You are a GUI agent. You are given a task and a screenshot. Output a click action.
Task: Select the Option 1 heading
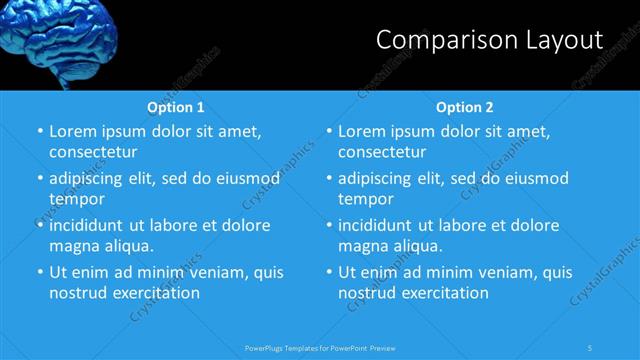click(x=176, y=107)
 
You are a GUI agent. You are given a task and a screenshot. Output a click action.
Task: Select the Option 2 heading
click(x=465, y=107)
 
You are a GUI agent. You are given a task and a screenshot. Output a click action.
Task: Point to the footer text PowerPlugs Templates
click(x=291, y=347)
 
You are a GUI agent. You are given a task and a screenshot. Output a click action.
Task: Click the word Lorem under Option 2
click(x=362, y=132)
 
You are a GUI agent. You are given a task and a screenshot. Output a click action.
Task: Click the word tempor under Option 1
click(x=76, y=199)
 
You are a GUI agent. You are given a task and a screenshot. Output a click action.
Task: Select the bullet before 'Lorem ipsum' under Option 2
click(x=328, y=132)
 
